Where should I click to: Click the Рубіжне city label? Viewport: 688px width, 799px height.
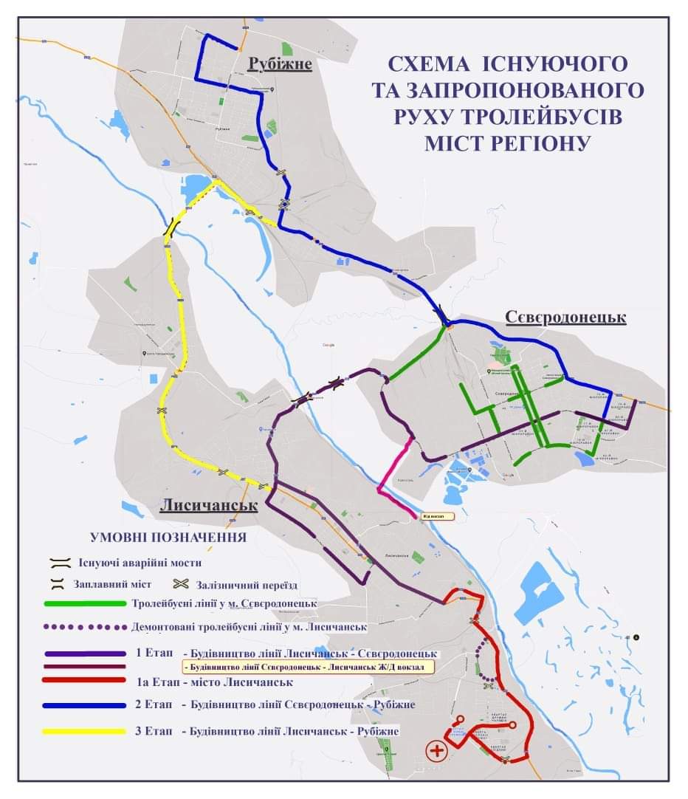click(280, 65)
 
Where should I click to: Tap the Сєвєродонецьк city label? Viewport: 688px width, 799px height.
click(565, 317)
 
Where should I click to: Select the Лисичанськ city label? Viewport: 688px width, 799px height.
click(209, 507)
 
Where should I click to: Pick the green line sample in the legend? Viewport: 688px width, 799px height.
click(85, 603)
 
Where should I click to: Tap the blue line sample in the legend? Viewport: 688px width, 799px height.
click(85, 705)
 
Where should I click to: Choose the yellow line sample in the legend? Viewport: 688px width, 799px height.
click(85, 731)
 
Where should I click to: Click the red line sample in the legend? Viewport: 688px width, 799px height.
click(85, 681)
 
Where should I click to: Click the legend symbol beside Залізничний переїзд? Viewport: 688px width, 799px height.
click(182, 585)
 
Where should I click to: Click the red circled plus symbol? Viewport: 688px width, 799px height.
click(437, 752)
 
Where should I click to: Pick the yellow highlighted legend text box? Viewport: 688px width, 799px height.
click(306, 666)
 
